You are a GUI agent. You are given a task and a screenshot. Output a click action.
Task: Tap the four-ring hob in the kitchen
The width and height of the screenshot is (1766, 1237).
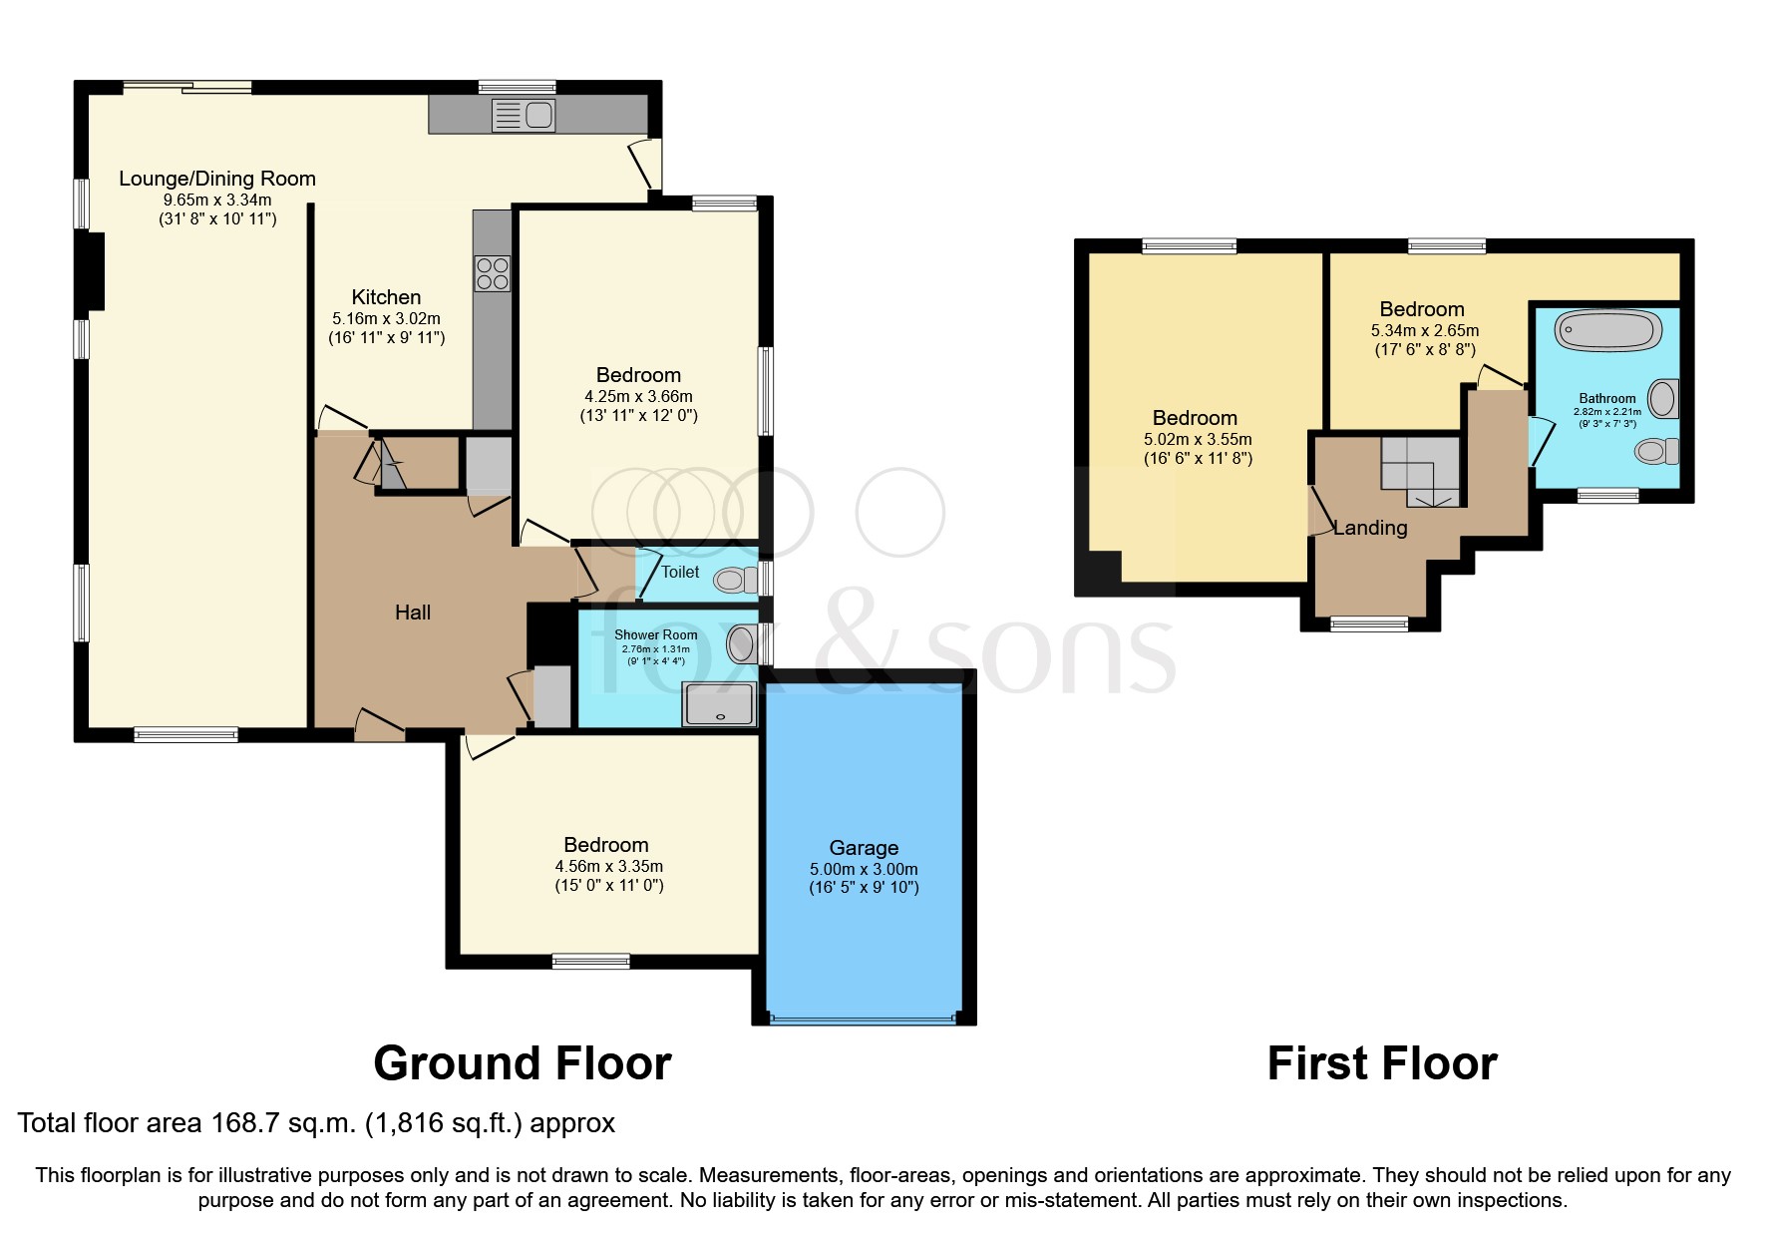(493, 273)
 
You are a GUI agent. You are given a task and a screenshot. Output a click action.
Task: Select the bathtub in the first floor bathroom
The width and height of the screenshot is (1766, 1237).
(1608, 330)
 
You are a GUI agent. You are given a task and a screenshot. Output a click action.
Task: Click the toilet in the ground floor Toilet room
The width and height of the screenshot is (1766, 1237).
(738, 580)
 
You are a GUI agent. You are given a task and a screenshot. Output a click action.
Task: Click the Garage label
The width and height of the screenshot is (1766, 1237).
(864, 848)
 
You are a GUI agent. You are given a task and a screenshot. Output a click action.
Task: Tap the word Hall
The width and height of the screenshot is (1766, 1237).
(413, 613)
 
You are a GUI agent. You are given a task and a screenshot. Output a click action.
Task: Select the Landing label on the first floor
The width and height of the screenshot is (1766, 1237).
(1370, 528)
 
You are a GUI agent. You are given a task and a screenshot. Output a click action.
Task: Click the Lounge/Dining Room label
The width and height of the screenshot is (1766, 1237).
(217, 179)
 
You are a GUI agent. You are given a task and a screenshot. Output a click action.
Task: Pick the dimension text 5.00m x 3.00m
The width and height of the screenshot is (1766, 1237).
(864, 869)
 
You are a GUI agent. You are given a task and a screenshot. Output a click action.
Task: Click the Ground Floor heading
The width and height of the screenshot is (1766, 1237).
(522, 1063)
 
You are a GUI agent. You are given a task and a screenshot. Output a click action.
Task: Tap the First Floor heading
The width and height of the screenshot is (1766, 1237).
(1381, 1063)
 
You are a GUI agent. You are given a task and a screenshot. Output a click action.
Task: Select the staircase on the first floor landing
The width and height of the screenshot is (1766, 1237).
(1420, 471)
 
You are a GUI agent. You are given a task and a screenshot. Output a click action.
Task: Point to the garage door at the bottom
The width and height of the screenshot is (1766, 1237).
(864, 1020)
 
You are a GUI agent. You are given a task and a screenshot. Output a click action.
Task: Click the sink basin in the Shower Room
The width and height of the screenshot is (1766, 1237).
(741, 643)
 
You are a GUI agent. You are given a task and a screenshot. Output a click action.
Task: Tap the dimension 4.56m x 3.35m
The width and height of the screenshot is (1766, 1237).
(608, 866)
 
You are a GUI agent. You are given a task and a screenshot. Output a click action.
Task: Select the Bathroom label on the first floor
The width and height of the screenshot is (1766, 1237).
(1606, 398)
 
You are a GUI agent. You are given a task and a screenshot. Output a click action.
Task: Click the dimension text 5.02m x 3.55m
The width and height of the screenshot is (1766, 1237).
(1198, 439)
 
